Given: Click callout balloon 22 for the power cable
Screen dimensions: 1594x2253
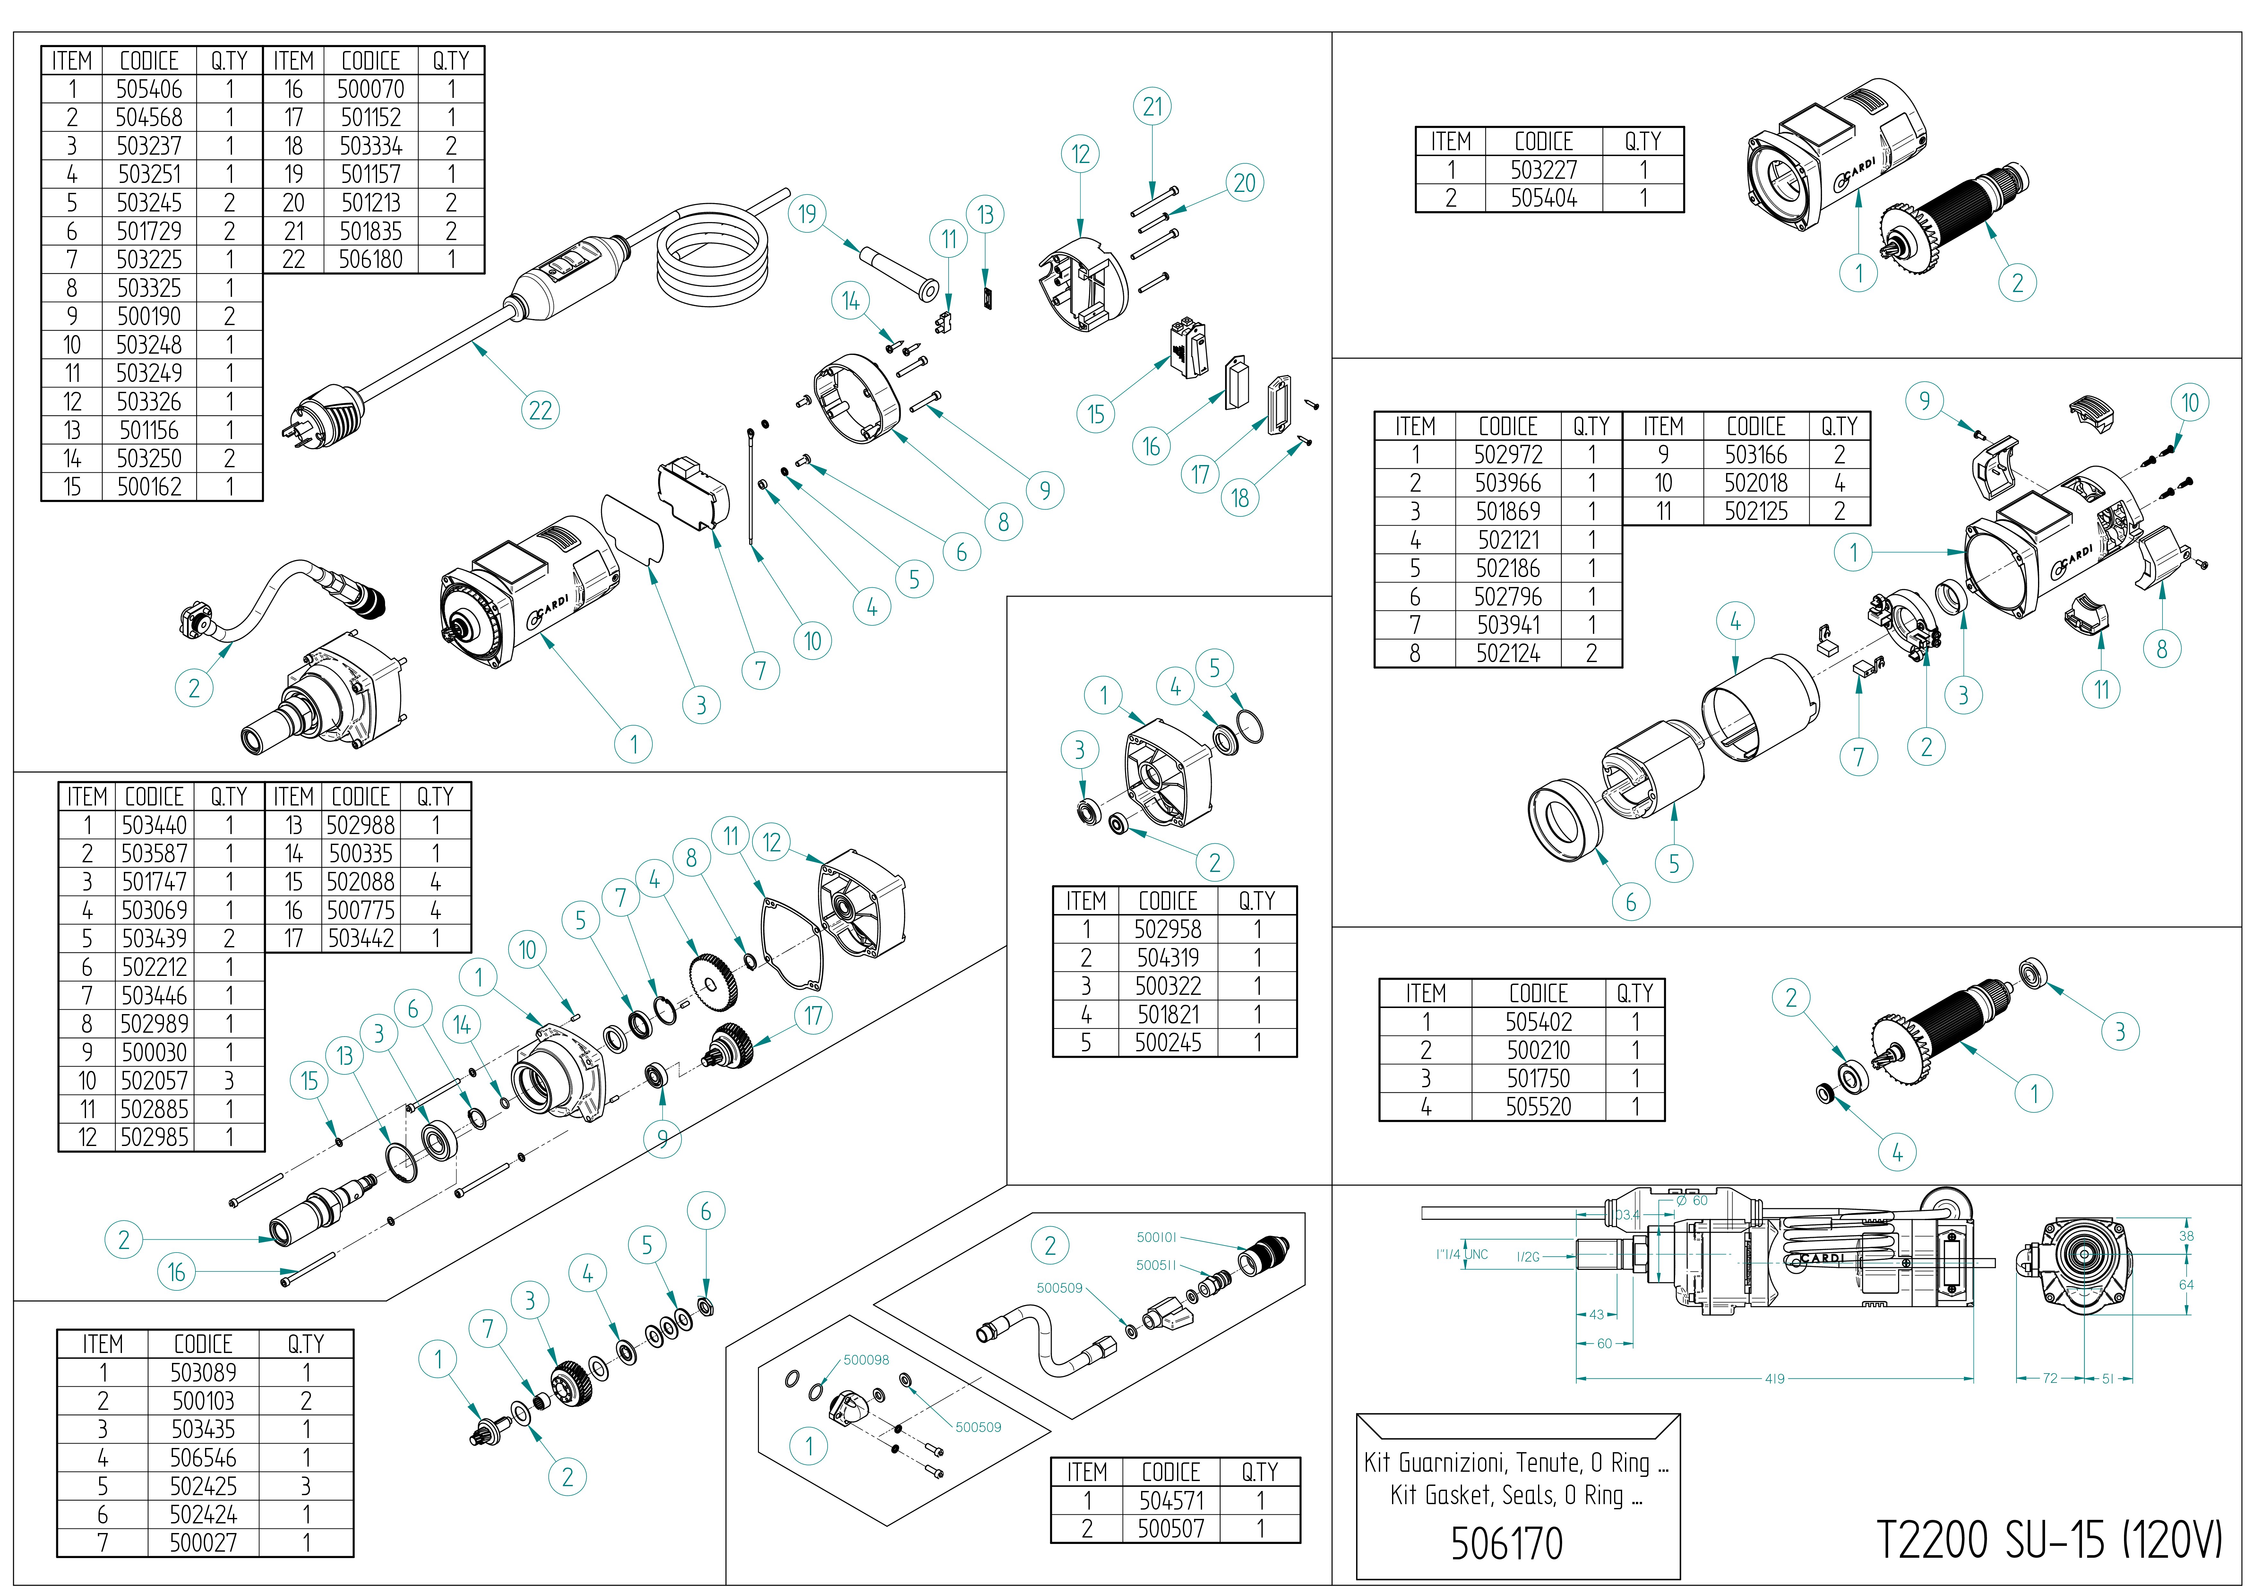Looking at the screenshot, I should point(540,410).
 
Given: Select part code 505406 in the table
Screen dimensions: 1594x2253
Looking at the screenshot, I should point(149,89).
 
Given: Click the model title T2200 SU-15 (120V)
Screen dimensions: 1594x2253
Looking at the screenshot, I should point(2049,1539).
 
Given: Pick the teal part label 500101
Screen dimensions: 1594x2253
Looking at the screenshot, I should point(1156,1238).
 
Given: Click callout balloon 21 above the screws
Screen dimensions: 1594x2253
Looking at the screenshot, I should point(1153,106).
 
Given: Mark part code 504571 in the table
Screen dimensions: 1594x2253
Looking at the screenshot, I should point(1171,1501).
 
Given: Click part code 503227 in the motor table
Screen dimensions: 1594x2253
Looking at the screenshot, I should point(1544,170).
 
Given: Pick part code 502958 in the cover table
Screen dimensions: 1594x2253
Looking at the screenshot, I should point(1167,929).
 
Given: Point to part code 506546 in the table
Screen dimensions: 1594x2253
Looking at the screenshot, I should point(203,1459).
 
